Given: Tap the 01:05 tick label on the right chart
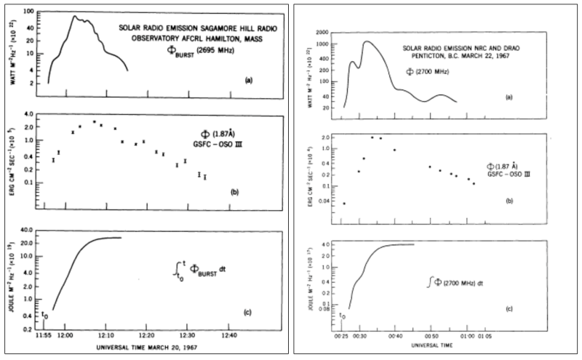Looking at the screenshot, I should click(x=485, y=336).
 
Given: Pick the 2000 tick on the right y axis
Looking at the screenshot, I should click(x=325, y=34).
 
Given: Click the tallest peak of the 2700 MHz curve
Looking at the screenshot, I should click(x=367, y=41).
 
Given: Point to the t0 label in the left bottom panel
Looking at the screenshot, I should click(x=44, y=315).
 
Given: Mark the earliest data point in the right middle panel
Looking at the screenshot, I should click(x=344, y=204).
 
